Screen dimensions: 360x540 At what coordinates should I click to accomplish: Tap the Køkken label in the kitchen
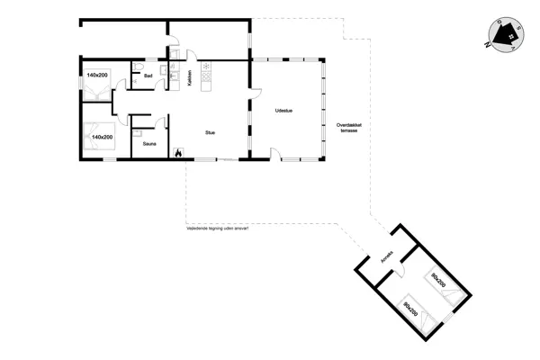[189, 78]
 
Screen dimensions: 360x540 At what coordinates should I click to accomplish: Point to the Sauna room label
[149, 142]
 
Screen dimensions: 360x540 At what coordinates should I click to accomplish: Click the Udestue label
[284, 111]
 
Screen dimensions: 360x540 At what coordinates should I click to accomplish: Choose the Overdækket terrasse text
[348, 127]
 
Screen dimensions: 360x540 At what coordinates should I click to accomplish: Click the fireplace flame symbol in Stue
[178, 154]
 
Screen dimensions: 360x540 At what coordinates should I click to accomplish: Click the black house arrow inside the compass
[508, 35]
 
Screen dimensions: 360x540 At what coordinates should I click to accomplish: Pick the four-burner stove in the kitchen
[205, 80]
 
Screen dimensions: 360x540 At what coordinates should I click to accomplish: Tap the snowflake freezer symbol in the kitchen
[205, 66]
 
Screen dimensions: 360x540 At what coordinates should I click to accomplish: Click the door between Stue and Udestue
[255, 95]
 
